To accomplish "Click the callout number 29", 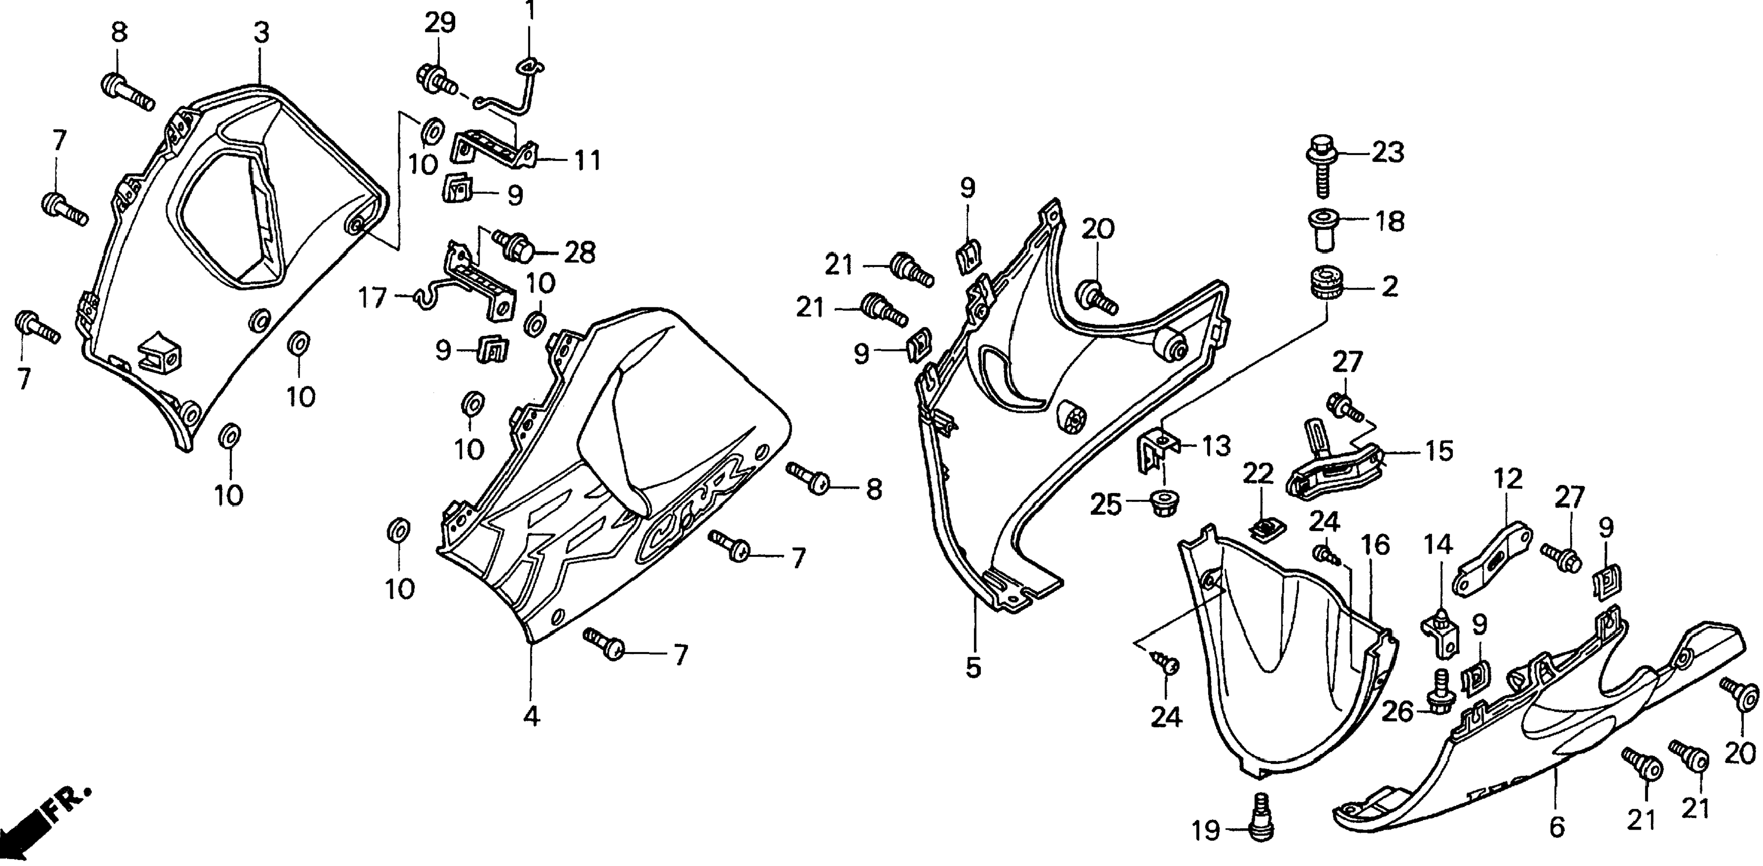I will pyautogui.click(x=439, y=23).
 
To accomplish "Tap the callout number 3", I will pyautogui.click(x=262, y=32).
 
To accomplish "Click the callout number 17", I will pyautogui.click(x=374, y=298).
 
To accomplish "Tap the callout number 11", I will pyautogui.click(x=587, y=160).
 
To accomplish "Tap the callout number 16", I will pyautogui.click(x=1375, y=545).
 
